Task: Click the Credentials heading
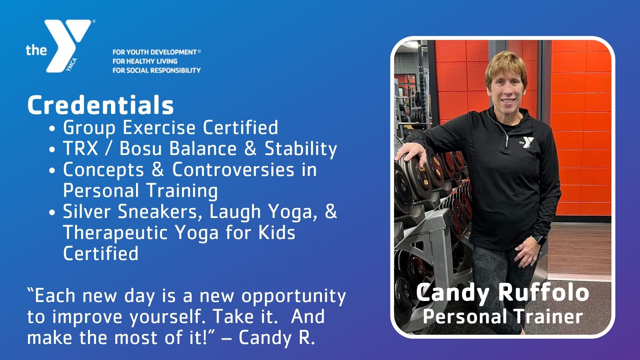pyautogui.click(x=101, y=106)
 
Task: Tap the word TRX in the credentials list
pyautogui.click(x=81, y=149)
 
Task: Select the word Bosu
pyautogui.click(x=140, y=149)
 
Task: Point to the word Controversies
pyautogui.click(x=233, y=170)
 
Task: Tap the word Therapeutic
pyautogui.click(x=115, y=233)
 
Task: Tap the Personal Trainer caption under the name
pyautogui.click(x=503, y=316)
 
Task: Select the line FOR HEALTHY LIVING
pyautogui.click(x=145, y=61)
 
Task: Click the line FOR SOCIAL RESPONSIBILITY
pyautogui.click(x=157, y=70)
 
